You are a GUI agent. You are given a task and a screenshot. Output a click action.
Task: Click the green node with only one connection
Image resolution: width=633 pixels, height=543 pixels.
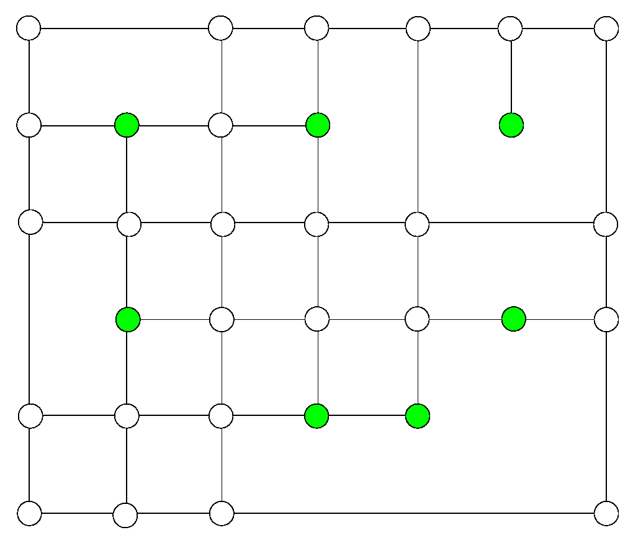[x=511, y=125]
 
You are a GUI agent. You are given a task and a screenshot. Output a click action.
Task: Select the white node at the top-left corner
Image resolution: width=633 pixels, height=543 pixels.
[x=29, y=28]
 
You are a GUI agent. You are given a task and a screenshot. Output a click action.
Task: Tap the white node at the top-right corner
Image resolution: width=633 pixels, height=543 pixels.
[x=606, y=28]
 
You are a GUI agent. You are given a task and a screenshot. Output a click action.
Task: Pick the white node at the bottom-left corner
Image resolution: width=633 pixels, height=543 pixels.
[x=29, y=513]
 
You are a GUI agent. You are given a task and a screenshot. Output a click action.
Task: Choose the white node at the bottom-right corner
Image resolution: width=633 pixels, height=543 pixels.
[x=606, y=513]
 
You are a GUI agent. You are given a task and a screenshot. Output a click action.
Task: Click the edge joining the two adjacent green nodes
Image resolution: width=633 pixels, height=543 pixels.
[x=367, y=415]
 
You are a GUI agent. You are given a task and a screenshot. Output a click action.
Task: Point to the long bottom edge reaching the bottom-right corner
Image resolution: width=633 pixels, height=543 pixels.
[x=414, y=513]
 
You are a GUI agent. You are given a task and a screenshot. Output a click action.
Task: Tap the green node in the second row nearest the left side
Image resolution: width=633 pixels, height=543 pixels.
[x=127, y=125]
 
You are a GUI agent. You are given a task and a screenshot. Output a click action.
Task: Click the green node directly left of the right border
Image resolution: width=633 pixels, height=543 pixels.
[x=514, y=319]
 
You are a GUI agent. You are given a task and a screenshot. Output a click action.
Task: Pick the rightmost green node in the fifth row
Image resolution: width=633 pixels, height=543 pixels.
[x=418, y=415]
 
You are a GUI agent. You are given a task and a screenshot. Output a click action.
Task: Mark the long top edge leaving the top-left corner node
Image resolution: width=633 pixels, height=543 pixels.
[x=124, y=28]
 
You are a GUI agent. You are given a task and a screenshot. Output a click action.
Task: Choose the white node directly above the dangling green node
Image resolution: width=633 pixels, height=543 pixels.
[x=510, y=28]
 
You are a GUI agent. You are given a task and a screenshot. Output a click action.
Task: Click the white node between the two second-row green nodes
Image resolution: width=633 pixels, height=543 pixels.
[x=220, y=125]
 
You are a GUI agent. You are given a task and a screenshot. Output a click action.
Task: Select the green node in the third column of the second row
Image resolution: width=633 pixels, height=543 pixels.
[x=318, y=125]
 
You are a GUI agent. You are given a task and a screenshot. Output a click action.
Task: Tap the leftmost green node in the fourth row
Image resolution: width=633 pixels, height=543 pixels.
[x=128, y=320]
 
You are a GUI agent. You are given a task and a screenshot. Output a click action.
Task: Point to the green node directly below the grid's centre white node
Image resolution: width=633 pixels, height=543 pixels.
[x=316, y=415]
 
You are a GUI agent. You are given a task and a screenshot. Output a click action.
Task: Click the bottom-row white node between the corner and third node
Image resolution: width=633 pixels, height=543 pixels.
[x=125, y=515]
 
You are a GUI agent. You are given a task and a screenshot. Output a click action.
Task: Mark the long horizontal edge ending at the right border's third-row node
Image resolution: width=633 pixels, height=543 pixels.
[x=511, y=223]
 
